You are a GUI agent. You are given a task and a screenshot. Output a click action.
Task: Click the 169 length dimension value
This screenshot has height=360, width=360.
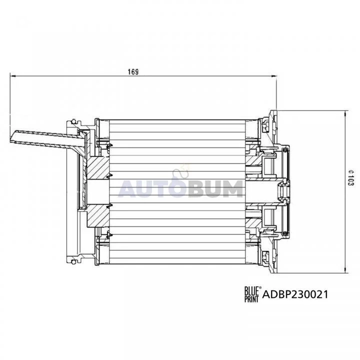(x=133, y=72)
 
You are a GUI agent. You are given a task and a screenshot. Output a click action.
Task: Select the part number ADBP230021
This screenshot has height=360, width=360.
(x=295, y=294)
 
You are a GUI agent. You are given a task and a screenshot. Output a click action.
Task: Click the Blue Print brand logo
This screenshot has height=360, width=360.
(x=251, y=294)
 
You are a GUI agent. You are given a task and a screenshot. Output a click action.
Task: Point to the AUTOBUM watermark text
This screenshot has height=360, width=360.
(x=180, y=188)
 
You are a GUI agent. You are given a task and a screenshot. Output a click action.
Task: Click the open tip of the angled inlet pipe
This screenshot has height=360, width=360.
(x=12, y=137)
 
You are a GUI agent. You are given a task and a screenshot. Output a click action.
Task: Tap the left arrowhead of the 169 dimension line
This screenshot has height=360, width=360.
(x=13, y=76)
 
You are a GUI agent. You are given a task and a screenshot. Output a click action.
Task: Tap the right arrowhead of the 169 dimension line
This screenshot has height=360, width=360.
(x=274, y=76)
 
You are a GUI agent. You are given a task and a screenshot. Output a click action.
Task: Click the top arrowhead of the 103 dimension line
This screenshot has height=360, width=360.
(x=345, y=113)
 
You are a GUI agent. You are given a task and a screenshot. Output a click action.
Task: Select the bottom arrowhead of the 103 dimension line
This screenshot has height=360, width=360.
(x=345, y=270)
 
